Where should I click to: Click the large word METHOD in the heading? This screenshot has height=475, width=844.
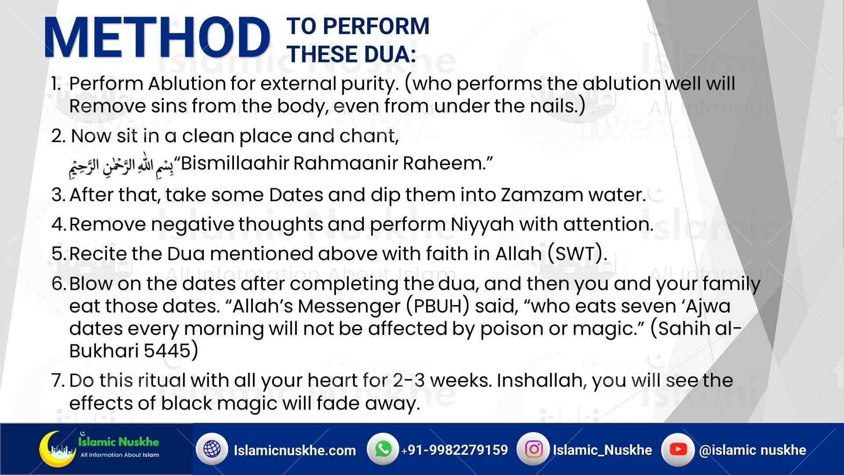(156, 39)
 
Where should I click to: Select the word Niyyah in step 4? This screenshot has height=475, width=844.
(482, 224)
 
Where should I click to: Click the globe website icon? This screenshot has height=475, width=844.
(212, 449)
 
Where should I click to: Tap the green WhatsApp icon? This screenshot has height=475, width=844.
(383, 449)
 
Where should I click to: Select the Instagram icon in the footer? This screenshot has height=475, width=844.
(534, 449)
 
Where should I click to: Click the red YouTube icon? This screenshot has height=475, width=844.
(677, 449)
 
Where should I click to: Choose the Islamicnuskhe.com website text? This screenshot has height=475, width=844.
(295, 450)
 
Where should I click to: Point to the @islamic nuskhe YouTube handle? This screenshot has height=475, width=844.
(753, 450)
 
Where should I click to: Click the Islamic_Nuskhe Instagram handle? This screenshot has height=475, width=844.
(602, 450)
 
